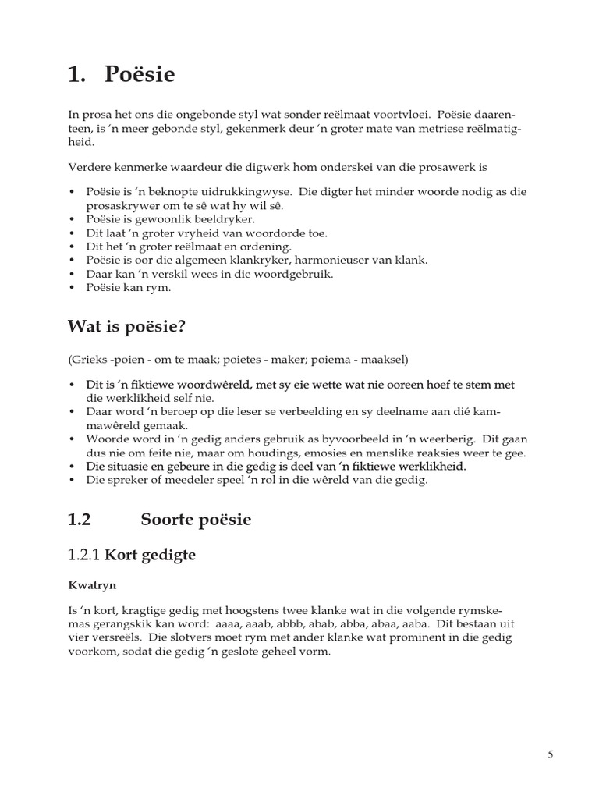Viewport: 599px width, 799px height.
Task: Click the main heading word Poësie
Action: point(135,76)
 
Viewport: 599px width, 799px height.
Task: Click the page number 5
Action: point(551,755)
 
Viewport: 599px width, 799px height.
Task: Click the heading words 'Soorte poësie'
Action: point(196,519)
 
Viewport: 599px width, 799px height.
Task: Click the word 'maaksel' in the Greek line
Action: point(384,359)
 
